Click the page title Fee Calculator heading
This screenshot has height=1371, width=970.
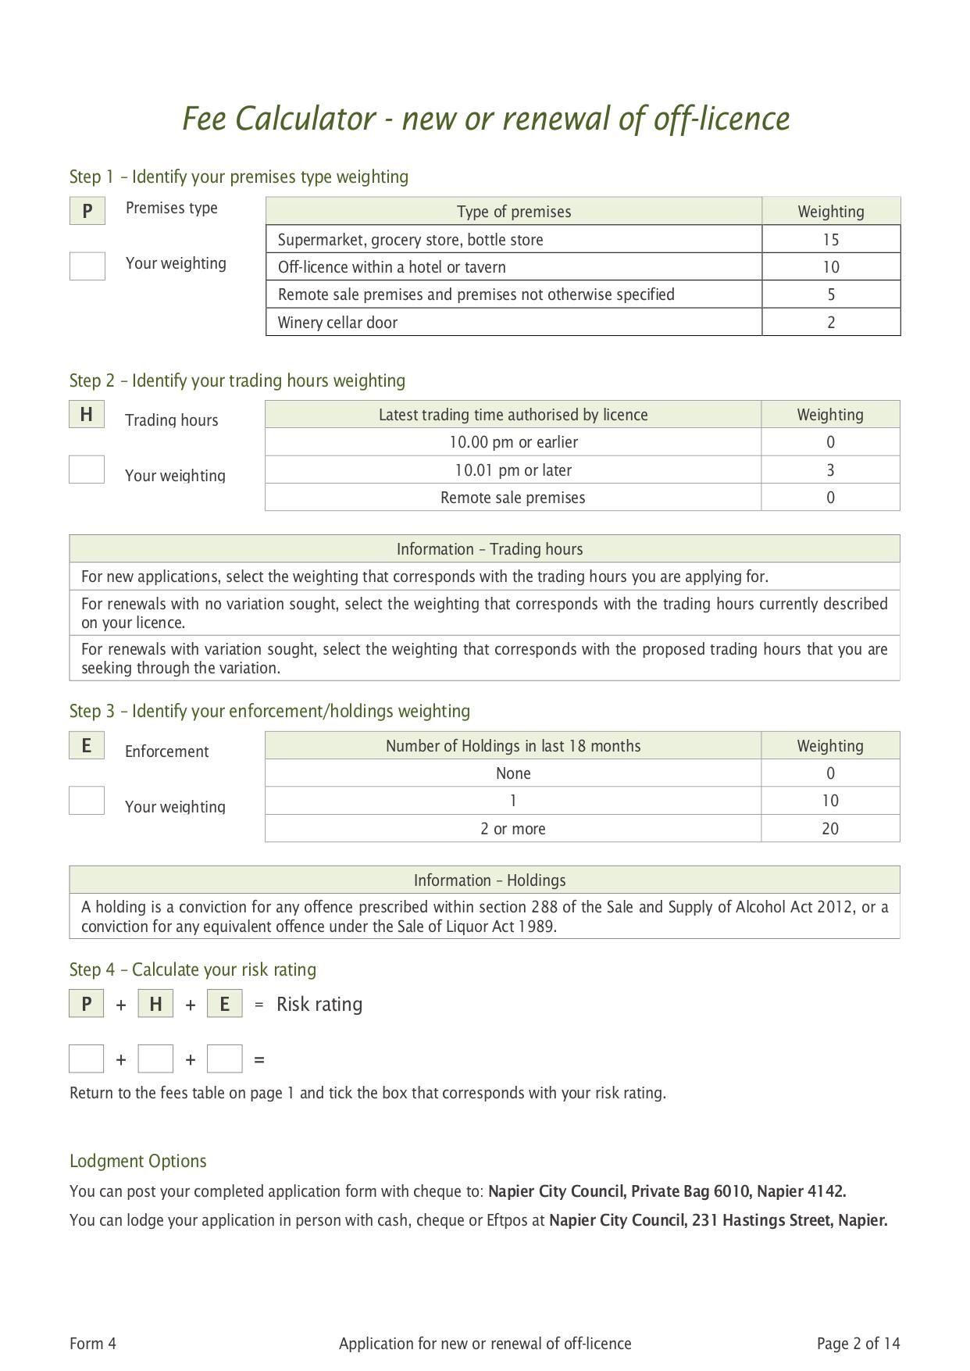pos(486,119)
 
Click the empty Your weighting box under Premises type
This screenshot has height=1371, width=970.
pos(87,266)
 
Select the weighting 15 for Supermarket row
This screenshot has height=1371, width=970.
pos(830,240)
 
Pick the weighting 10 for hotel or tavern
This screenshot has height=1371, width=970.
pos(830,267)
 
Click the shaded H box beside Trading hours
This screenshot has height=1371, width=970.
pos(87,414)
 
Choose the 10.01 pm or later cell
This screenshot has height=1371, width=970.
pos(513,470)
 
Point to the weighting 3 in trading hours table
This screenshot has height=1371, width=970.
pos(830,470)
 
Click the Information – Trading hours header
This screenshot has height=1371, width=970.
pos(489,549)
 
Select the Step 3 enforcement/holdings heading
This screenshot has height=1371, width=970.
pos(269,711)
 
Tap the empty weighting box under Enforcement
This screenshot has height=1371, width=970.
pos(87,801)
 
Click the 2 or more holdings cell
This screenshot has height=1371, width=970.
pos(513,829)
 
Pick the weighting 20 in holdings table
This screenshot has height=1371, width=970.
pos(830,829)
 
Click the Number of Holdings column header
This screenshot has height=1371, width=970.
pos(513,746)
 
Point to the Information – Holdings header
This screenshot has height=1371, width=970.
pos(489,880)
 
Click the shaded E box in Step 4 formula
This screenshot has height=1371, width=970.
pos(225,1004)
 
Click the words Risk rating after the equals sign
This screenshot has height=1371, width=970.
pos(319,1004)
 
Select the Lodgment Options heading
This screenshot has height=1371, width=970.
pos(138,1161)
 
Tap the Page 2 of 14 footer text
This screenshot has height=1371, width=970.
pos(858,1344)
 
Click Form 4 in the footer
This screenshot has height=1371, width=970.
pos(93,1344)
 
